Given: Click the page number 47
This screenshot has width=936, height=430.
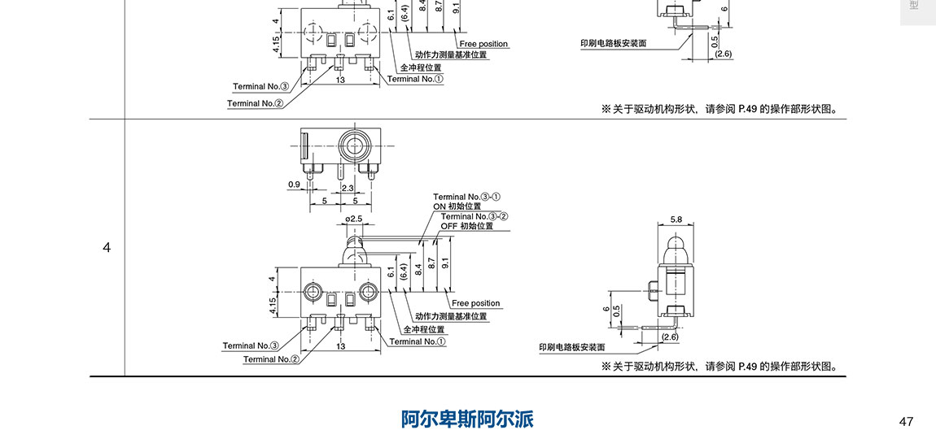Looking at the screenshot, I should tap(906, 421).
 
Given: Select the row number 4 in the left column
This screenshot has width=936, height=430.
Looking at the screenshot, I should tap(107, 247).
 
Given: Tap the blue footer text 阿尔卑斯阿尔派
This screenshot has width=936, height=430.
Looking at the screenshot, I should tap(467, 419).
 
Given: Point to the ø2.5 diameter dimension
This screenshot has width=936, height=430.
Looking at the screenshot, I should tap(354, 219).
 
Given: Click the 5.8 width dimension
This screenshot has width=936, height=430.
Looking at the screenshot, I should tap(676, 219).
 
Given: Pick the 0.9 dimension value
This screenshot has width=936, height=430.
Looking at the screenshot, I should tap(295, 185).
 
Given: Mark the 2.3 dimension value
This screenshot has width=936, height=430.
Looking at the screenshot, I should tap(347, 188).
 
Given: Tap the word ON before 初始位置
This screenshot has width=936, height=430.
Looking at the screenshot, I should tap(440, 206).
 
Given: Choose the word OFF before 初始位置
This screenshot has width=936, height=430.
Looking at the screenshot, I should tap(449, 226).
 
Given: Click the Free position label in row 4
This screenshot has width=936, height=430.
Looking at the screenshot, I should tap(476, 303).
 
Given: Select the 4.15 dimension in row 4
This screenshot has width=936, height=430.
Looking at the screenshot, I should tap(273, 305).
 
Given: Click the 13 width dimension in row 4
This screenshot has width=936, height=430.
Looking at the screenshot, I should tap(340, 346).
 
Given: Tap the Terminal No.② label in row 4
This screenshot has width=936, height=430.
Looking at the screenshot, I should tap(271, 359).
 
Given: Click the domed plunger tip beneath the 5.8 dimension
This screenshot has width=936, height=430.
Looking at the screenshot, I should tap(676, 245).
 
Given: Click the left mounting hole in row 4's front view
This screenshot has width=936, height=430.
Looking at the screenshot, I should tap(311, 291).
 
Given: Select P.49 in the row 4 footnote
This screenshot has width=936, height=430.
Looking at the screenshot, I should tap(747, 367).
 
